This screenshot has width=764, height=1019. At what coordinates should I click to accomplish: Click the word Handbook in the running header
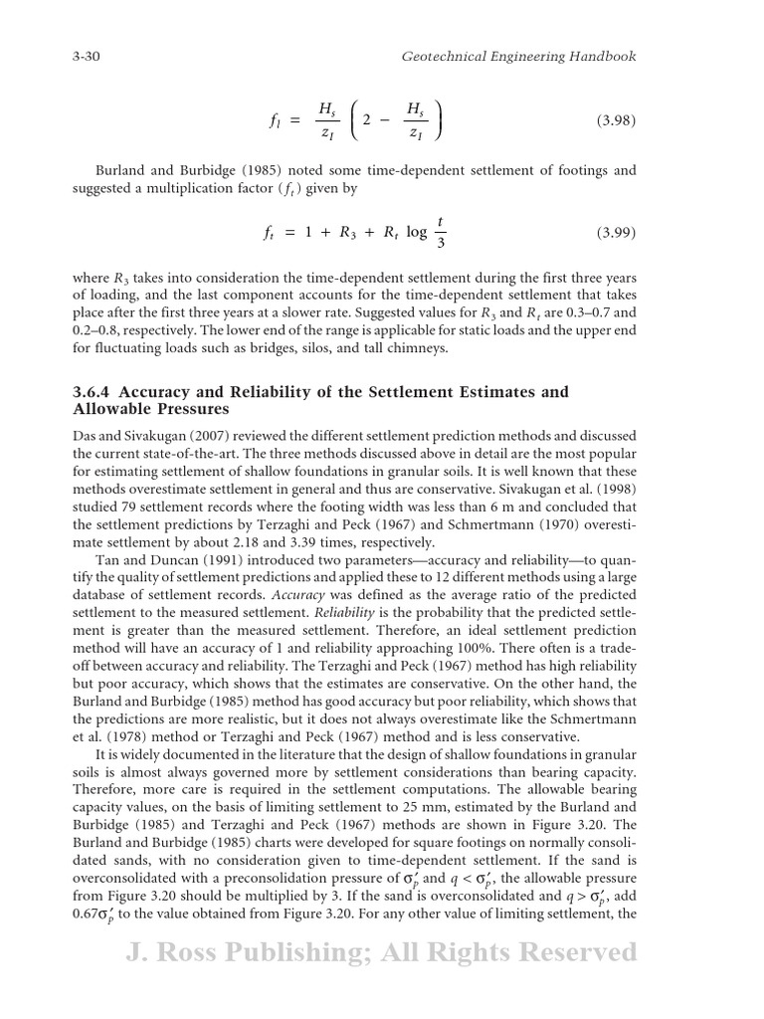coord(602,57)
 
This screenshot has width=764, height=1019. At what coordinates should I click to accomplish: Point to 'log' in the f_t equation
coord(416,233)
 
